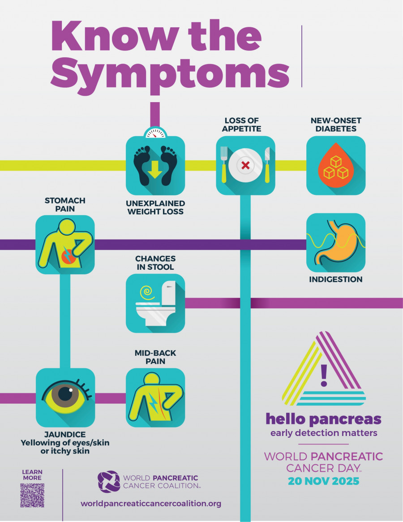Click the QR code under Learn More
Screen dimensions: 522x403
pyautogui.click(x=32, y=495)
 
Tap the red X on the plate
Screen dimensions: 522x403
pyautogui.click(x=245, y=165)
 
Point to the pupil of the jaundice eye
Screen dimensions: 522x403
pyautogui.click(x=66, y=394)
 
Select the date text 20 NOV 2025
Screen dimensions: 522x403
pyautogui.click(x=323, y=482)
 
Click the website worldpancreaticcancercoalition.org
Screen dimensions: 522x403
pyautogui.click(x=151, y=504)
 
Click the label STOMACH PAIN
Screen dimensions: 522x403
pyautogui.click(x=65, y=204)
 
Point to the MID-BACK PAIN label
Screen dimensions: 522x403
pyautogui.click(x=155, y=357)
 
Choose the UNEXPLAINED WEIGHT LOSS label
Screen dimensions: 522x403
pyautogui.click(x=155, y=207)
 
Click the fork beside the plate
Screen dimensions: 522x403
pyautogui.click(x=223, y=165)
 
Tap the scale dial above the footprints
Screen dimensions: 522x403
pyautogui.click(x=155, y=133)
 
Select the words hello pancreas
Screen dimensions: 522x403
pyautogui.click(x=323, y=419)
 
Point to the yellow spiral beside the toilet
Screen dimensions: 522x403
pyautogui.click(x=146, y=293)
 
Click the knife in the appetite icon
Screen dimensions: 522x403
pyautogui.click(x=267, y=165)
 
